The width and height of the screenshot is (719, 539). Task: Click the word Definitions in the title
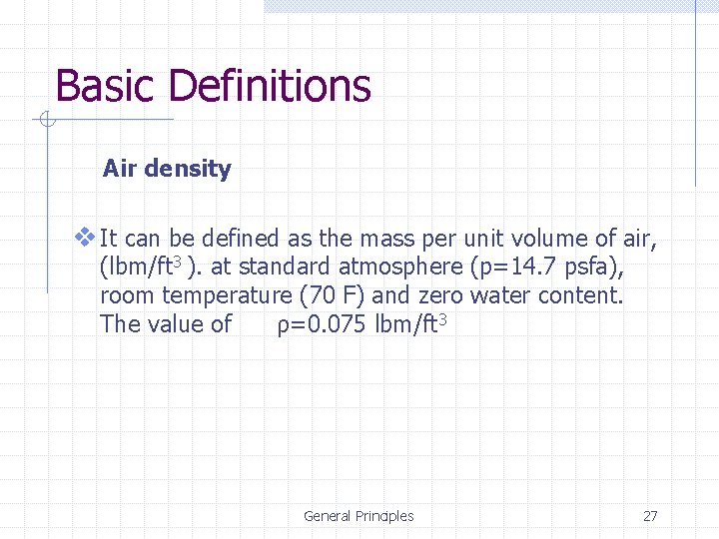pyautogui.click(x=270, y=87)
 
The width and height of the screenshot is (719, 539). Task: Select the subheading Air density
pyautogui.click(x=167, y=169)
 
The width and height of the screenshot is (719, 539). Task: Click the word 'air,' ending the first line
pyautogui.click(x=639, y=240)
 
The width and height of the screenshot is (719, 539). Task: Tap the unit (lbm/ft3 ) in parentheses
pyautogui.click(x=141, y=268)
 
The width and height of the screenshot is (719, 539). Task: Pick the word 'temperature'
pyautogui.click(x=225, y=295)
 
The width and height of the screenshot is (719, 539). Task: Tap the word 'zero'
pyautogui.click(x=441, y=295)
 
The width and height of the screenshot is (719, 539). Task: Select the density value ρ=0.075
pyautogui.click(x=322, y=324)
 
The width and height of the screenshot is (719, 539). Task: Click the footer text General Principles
pyautogui.click(x=359, y=516)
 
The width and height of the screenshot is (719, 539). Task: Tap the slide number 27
pyautogui.click(x=650, y=516)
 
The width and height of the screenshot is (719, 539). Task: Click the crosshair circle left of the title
pyautogui.click(x=46, y=121)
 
